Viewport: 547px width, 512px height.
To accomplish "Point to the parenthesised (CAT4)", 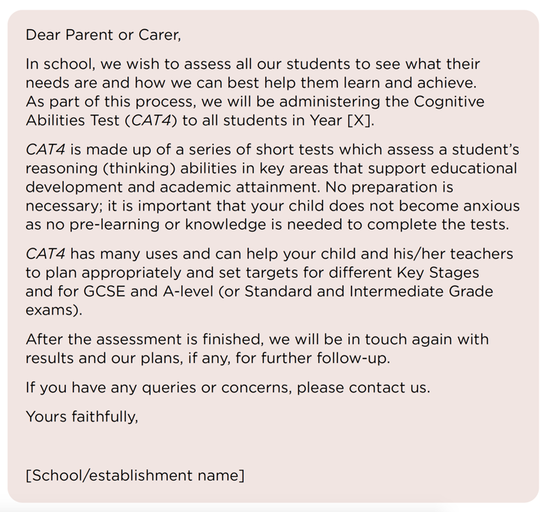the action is click(155, 120).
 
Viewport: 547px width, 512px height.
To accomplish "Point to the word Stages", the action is click(454, 272).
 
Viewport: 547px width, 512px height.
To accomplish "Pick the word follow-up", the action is click(352, 358).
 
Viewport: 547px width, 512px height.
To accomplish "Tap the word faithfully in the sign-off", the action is click(105, 417).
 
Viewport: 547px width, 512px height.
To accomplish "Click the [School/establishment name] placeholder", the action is click(135, 475).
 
